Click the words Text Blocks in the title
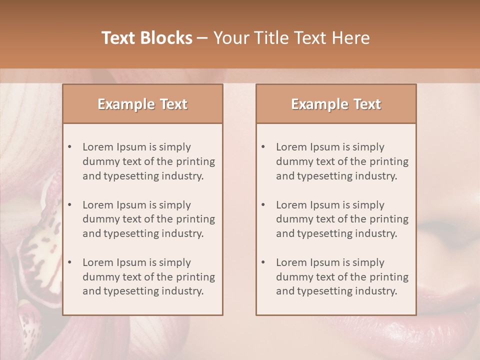coord(147,38)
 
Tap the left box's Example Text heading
coord(142,104)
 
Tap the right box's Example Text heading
coord(336,104)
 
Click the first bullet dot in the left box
coord(70,147)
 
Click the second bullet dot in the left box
coord(70,205)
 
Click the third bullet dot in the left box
coord(70,262)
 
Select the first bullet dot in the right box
coord(263,147)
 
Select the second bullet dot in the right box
coord(263,205)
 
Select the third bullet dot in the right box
coord(263,262)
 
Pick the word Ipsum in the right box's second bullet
coord(325,205)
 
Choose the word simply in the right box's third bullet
coord(368,262)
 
